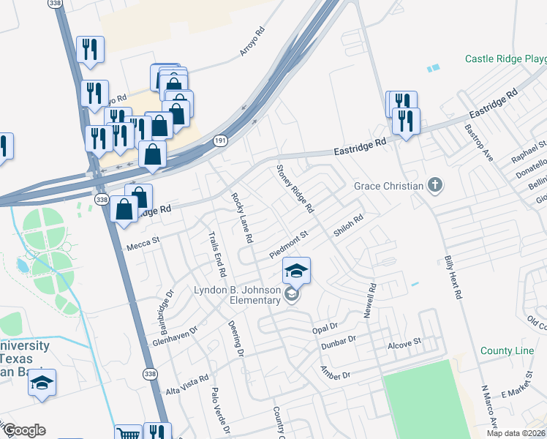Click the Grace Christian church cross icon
click(435, 185)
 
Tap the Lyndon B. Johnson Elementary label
click(237, 295)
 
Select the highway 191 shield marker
click(219, 140)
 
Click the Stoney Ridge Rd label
click(294, 189)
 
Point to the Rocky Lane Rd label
click(242, 218)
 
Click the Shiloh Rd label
click(349, 225)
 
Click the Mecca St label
click(143, 241)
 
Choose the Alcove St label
click(405, 342)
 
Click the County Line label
click(507, 351)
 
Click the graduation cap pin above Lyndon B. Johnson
click(296, 271)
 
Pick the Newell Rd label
click(369, 301)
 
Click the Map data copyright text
click(515, 433)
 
